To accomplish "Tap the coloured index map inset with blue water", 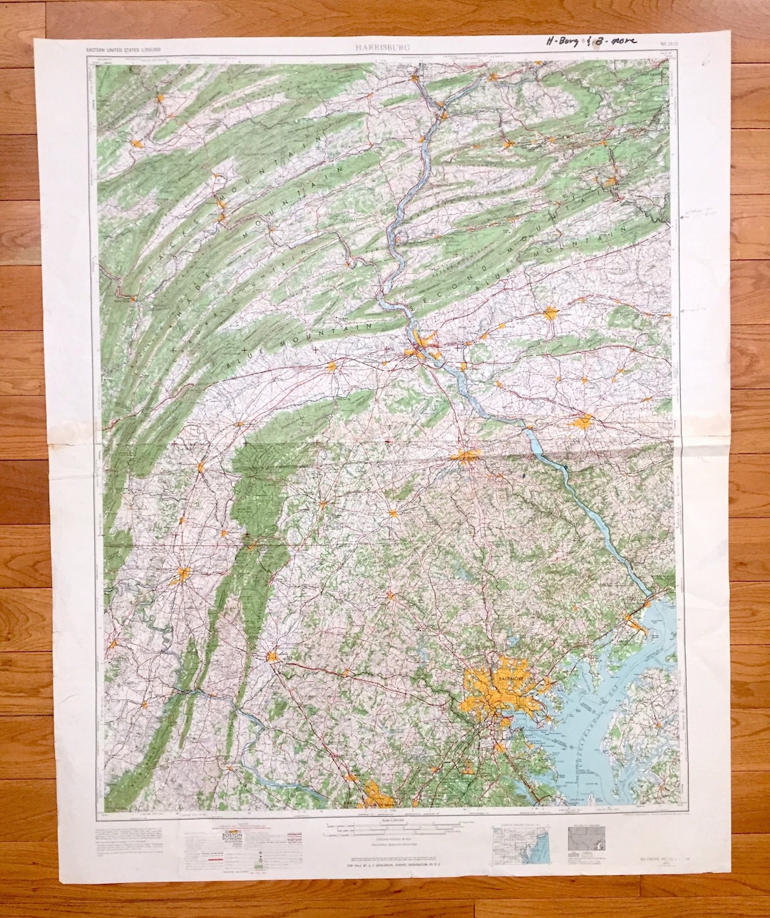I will (520, 845).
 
